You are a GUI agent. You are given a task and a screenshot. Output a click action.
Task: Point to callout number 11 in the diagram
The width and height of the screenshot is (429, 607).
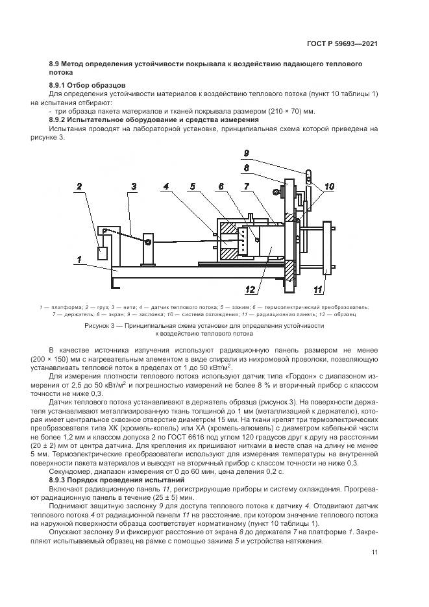click(319, 289)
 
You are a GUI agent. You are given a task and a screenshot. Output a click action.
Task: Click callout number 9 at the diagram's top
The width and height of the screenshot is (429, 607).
click(247, 153)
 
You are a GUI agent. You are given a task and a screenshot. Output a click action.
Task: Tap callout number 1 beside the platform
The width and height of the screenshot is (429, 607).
click(79, 260)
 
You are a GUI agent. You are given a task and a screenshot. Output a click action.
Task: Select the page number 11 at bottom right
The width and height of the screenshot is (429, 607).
click(375, 552)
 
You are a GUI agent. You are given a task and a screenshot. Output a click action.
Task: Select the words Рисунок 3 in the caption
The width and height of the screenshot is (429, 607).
click(103, 325)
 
